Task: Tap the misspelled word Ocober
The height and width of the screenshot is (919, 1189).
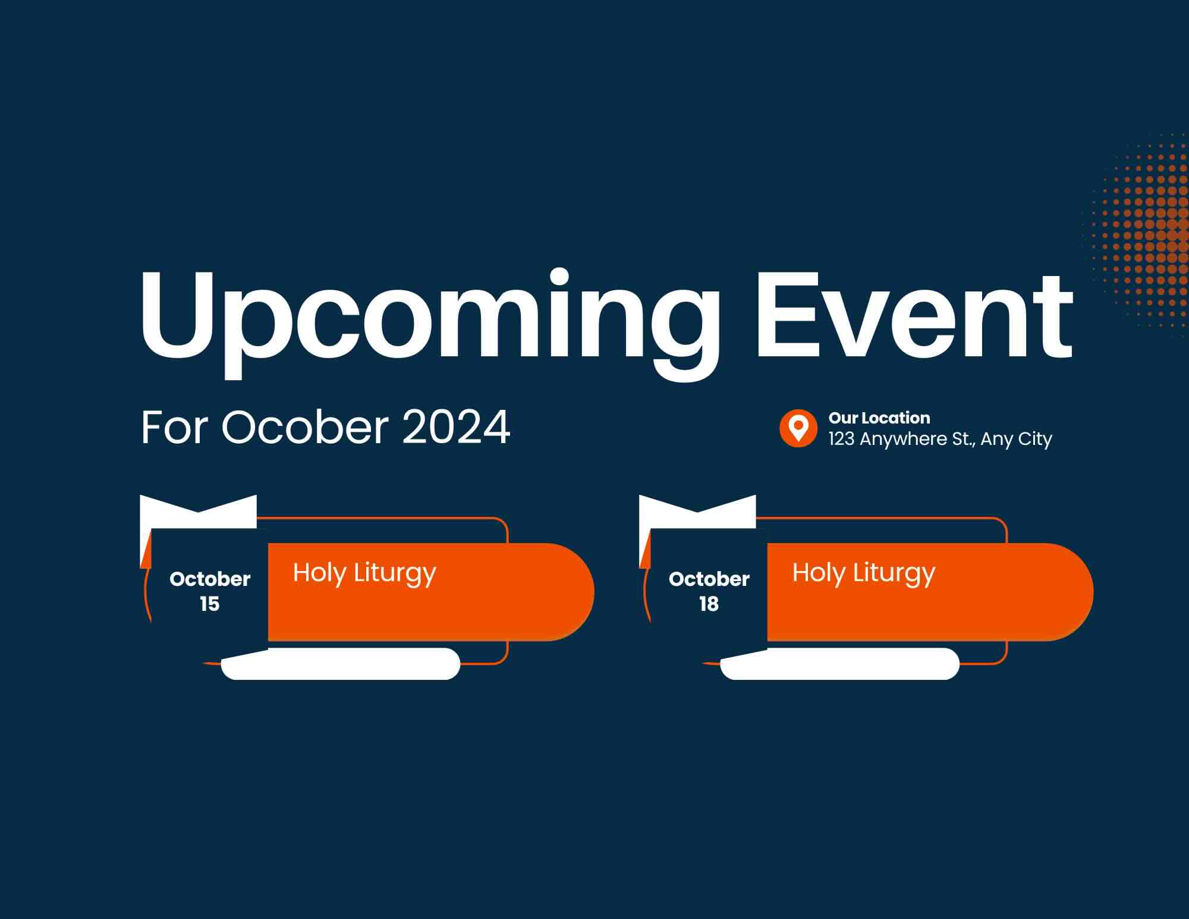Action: click(x=305, y=426)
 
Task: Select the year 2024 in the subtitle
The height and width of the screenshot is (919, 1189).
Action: click(x=456, y=426)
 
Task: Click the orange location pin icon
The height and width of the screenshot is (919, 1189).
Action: click(x=798, y=428)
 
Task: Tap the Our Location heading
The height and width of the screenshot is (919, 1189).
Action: click(x=879, y=418)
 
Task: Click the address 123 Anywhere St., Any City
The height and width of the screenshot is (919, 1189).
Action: click(x=940, y=439)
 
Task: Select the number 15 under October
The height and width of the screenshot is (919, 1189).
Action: click(x=209, y=604)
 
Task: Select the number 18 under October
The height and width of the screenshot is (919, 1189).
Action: click(x=709, y=604)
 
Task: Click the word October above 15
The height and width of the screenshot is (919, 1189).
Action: click(x=210, y=579)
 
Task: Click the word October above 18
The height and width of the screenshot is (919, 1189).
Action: click(x=709, y=579)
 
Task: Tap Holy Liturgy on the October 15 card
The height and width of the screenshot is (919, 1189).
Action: click(x=364, y=573)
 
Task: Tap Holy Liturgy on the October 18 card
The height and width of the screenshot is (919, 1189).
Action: click(x=864, y=573)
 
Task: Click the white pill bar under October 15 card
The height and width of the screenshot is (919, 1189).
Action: click(x=341, y=664)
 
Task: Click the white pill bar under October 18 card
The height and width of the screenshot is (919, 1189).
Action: click(x=840, y=664)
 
